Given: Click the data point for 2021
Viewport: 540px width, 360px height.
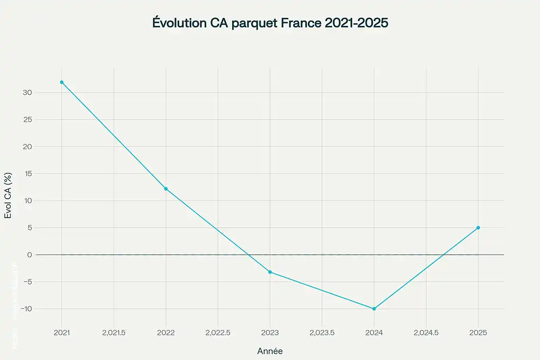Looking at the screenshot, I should tap(62, 82).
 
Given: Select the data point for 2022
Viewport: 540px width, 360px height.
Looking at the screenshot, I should tap(166, 189).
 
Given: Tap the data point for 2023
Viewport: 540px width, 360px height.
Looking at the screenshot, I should tap(270, 272).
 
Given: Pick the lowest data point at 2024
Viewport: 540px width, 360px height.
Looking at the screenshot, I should tap(374, 309).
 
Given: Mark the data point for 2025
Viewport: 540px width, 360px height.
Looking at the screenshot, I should tap(478, 228).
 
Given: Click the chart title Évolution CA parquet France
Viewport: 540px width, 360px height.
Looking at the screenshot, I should tap(269, 24).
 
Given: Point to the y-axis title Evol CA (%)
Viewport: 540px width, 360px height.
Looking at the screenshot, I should tap(8, 196).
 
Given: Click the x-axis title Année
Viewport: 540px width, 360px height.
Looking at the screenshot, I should tap(270, 351).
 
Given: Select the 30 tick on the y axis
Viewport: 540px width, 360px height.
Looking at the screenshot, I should tap(27, 93).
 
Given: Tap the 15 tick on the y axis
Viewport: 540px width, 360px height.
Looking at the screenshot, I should tap(28, 174).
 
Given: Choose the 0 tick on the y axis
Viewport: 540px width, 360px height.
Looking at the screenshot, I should tap(30, 255).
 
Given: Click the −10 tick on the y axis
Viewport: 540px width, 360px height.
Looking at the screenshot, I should tap(25, 309).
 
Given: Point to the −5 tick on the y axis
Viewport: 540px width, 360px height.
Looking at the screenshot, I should tap(27, 282).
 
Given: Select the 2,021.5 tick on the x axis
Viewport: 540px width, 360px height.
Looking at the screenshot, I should tap(114, 333).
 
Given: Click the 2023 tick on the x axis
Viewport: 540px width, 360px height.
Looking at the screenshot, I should tap(270, 333).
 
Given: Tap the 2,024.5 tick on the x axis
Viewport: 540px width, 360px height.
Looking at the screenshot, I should tap(426, 333).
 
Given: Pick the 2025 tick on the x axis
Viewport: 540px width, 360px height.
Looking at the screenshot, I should tap(478, 333).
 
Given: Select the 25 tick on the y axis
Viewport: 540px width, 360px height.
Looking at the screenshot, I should tap(27, 120).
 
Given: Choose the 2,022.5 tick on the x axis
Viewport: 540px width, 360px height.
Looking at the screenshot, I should tap(218, 333).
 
